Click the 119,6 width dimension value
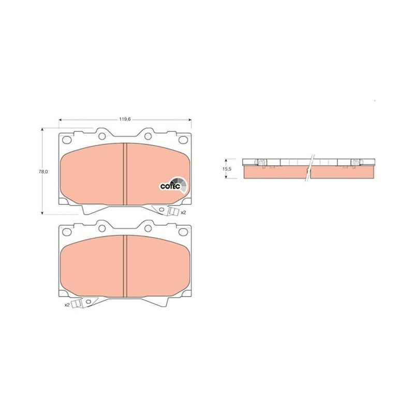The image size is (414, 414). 125,119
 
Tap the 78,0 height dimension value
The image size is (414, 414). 44,171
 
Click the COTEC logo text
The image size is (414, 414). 170,186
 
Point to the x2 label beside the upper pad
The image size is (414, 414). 183,212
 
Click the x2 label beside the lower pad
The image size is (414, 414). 67,305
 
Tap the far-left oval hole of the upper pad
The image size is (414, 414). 67,140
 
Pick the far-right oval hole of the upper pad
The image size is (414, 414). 183,140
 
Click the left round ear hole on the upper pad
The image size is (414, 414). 102,136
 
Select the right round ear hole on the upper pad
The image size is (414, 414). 148,136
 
